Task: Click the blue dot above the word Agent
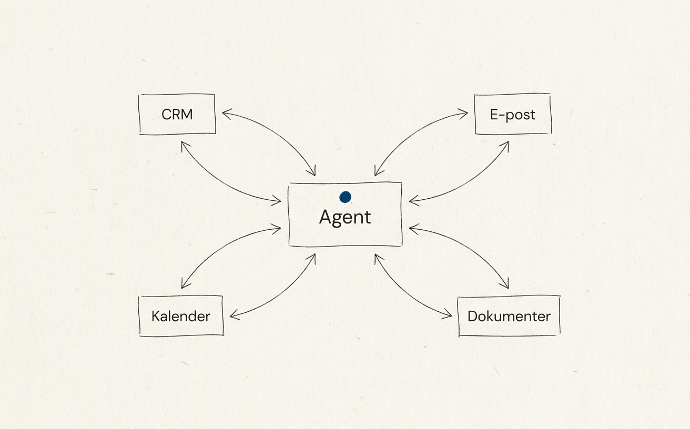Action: (345, 197)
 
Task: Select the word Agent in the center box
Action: (345, 217)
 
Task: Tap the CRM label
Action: (177, 114)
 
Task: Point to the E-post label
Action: (512, 115)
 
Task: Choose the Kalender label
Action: (180, 316)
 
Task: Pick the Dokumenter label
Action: (509, 316)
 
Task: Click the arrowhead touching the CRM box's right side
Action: (224, 113)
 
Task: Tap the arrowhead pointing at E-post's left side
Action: (465, 113)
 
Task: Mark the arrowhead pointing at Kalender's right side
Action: (232, 316)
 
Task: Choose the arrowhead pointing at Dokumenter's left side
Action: (449, 316)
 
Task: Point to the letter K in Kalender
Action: (155, 316)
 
